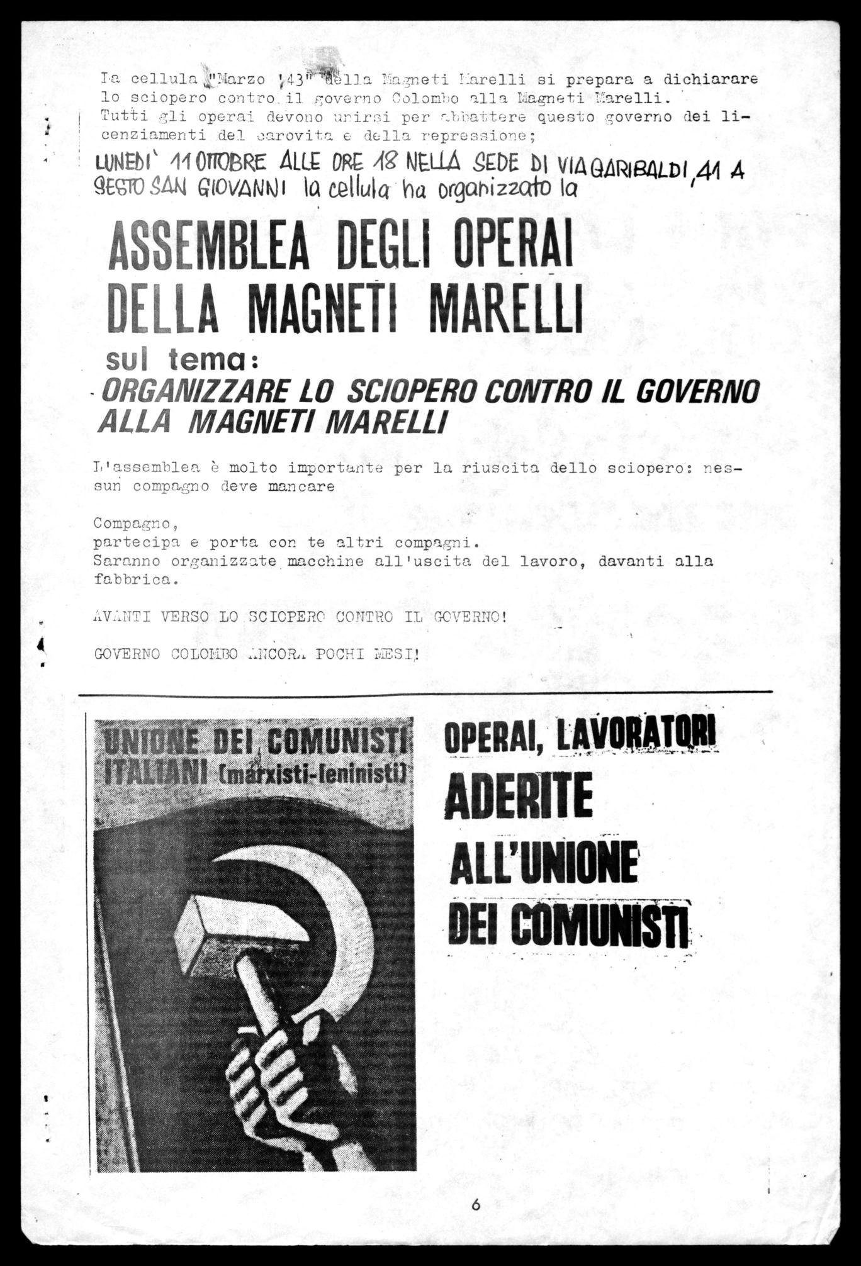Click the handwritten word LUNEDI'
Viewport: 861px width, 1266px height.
pos(128,164)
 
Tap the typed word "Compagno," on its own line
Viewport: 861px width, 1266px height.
pos(132,523)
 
